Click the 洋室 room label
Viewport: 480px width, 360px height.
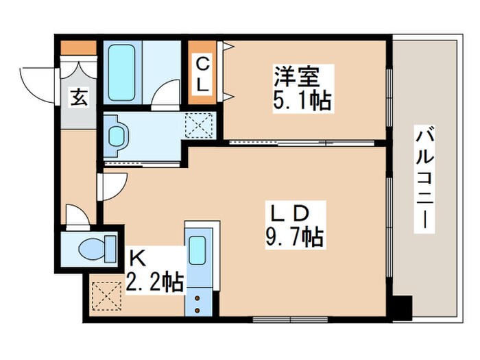tap(295, 74)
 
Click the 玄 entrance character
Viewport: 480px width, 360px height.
tap(77, 98)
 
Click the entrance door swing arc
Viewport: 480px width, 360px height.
tap(36, 81)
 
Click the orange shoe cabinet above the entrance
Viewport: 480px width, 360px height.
tap(77, 48)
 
